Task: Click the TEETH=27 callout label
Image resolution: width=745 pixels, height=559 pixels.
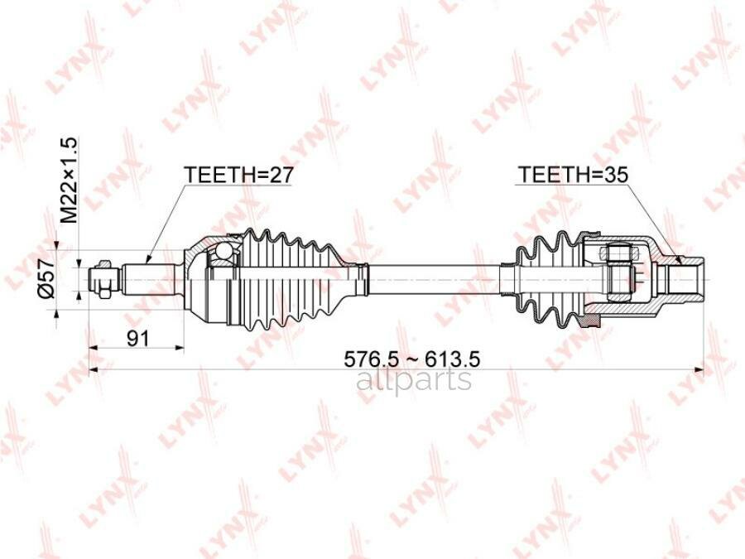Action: tap(239, 175)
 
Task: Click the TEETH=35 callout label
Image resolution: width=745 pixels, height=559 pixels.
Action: tap(573, 175)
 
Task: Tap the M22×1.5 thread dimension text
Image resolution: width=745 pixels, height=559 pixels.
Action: tap(69, 181)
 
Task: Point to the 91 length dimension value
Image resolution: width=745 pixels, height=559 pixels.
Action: tap(137, 339)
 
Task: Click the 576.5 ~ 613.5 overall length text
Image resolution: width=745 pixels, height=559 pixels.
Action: tap(412, 359)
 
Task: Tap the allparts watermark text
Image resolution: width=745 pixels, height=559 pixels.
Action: tap(414, 379)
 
